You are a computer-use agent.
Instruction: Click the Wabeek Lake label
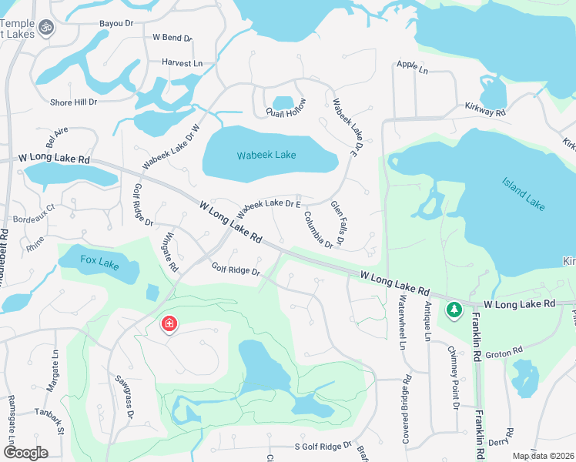click(x=266, y=155)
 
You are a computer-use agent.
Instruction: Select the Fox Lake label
click(x=99, y=264)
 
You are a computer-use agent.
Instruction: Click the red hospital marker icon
click(x=168, y=325)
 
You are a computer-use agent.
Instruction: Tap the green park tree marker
click(x=454, y=310)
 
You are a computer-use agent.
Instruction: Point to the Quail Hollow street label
click(x=286, y=109)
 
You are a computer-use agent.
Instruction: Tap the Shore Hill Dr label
click(x=74, y=102)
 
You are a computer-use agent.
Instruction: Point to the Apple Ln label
click(x=412, y=66)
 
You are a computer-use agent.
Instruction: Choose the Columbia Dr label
click(x=317, y=229)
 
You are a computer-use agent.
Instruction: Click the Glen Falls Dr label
click(x=338, y=223)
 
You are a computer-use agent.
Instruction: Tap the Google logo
click(x=26, y=452)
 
